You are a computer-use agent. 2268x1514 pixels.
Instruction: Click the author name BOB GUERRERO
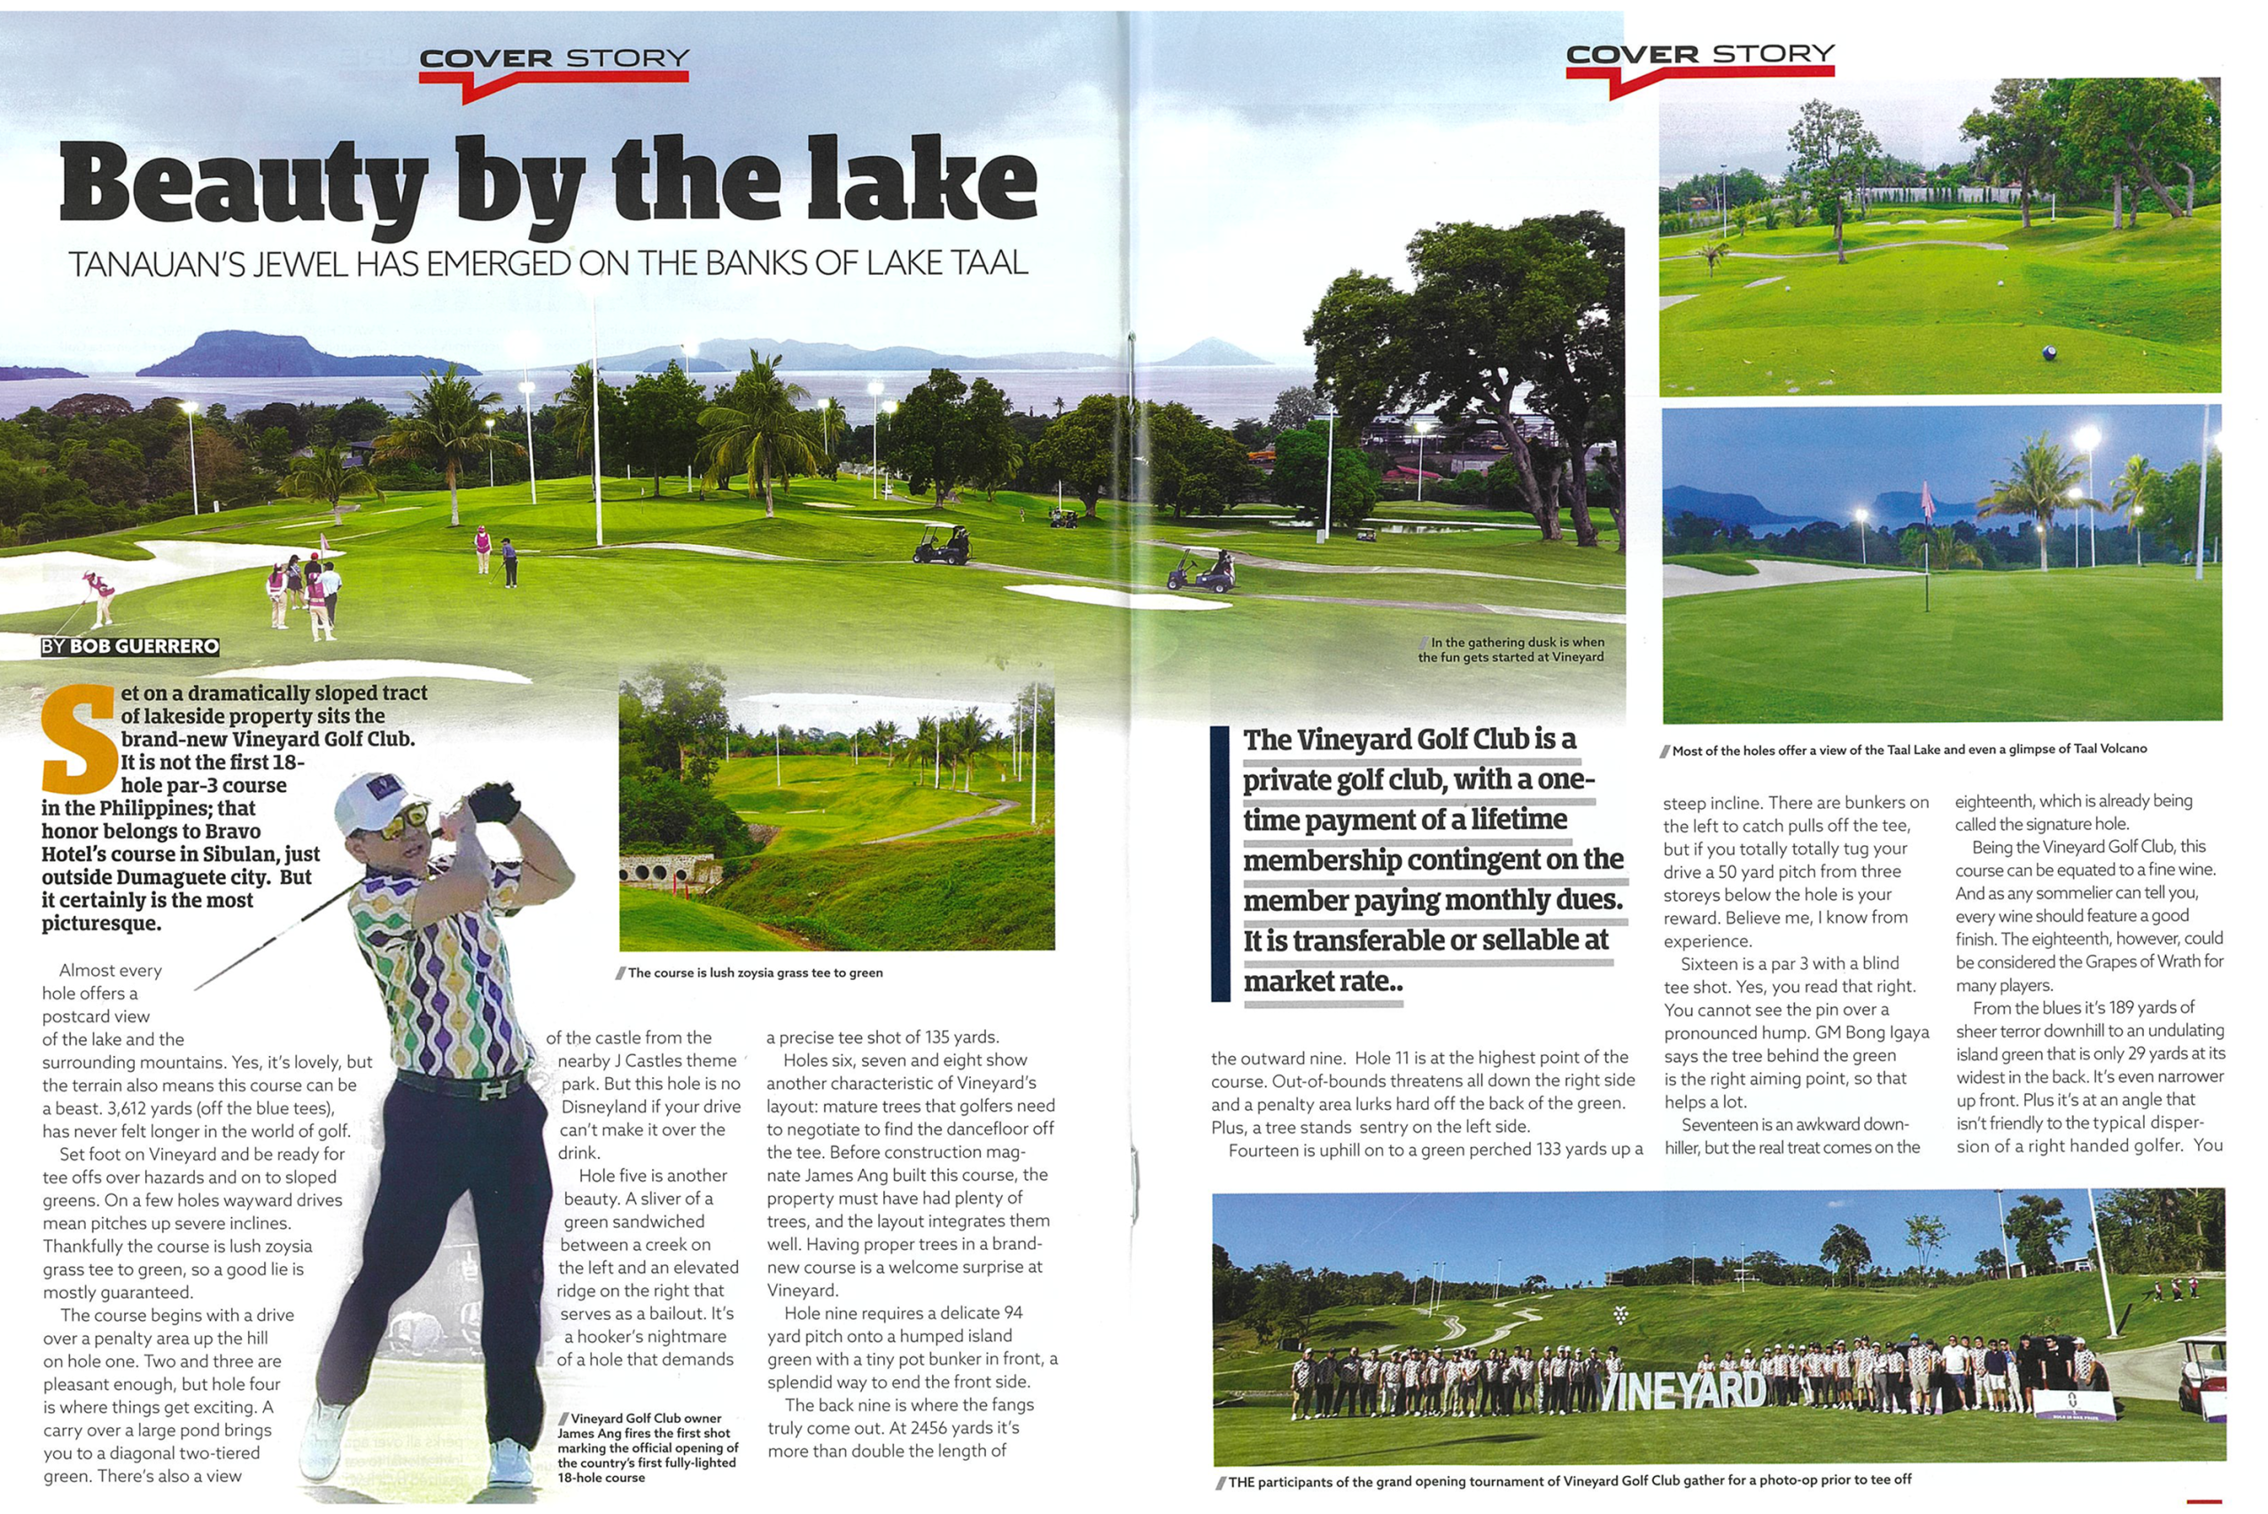tap(144, 647)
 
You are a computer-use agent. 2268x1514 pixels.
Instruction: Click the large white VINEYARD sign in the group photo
tap(1685, 1390)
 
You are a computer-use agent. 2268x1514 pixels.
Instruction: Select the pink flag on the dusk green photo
tap(1927, 501)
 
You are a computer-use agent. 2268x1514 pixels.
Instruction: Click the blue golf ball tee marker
tap(2050, 353)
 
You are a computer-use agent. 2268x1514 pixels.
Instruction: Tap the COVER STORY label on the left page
tap(555, 60)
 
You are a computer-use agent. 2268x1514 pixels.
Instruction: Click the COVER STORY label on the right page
tap(1699, 55)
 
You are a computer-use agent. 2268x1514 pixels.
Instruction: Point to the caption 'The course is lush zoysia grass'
tap(754, 974)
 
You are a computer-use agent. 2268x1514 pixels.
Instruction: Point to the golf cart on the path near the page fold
tap(1202, 571)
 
